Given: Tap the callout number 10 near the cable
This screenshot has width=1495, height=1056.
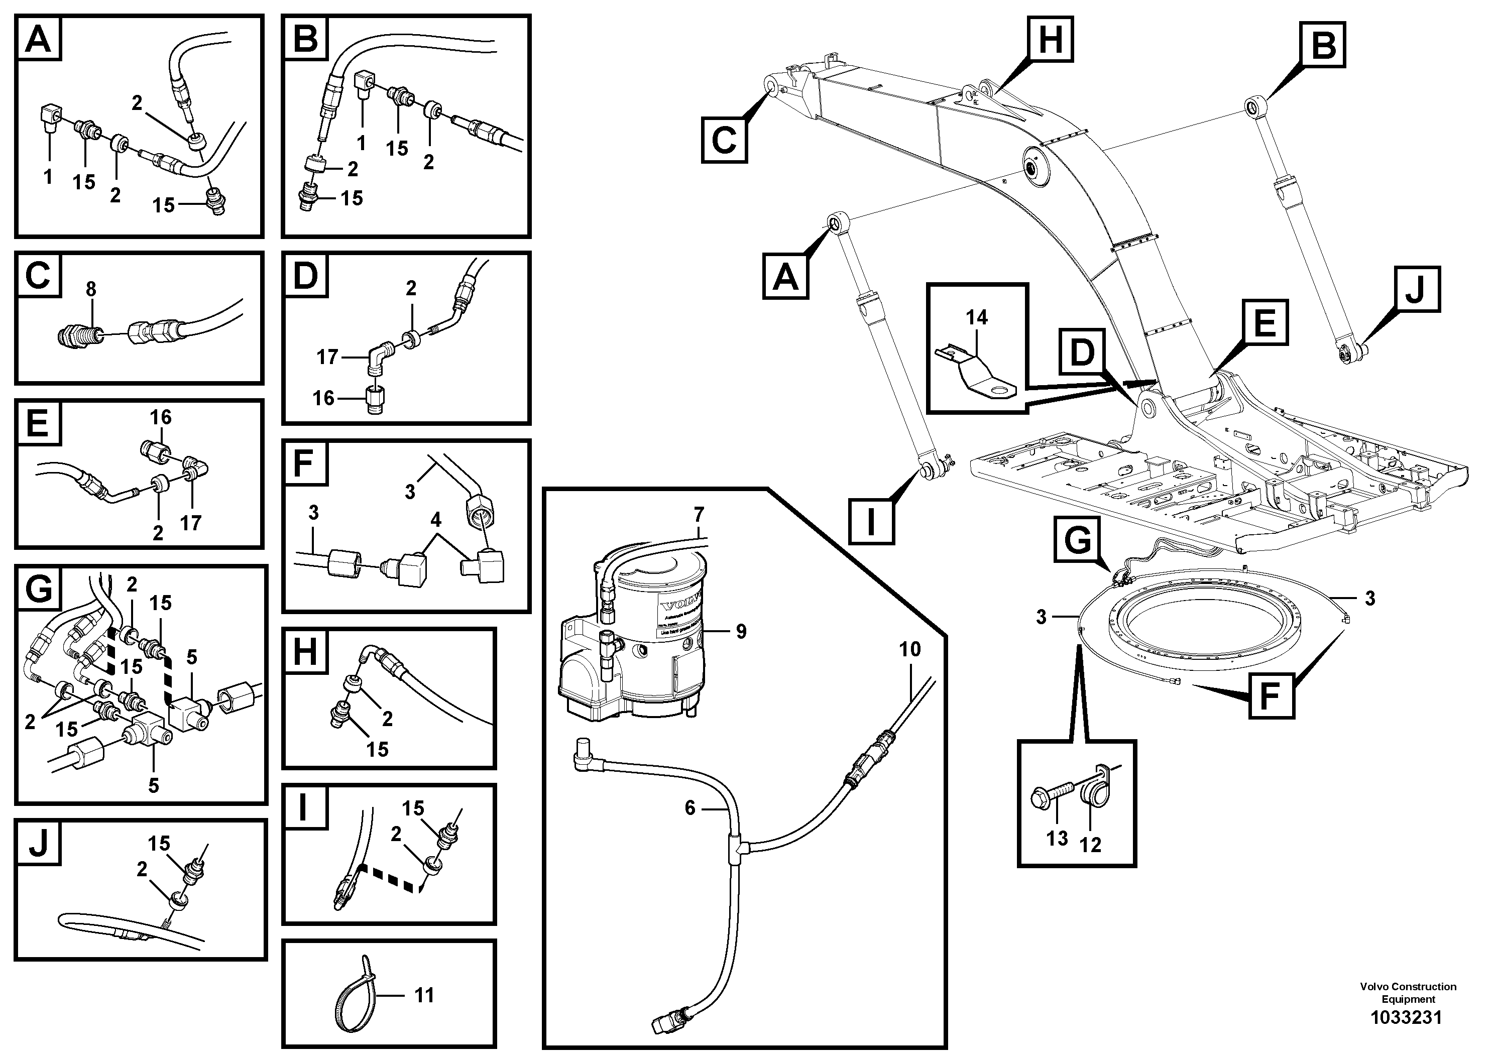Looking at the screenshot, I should (909, 649).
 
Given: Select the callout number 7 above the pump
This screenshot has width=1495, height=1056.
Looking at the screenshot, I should (699, 515).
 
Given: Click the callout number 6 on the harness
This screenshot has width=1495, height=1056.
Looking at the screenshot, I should (690, 808).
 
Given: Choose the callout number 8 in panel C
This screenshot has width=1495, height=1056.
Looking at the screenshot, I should (91, 289).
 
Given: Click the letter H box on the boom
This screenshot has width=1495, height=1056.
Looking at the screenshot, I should (1050, 39).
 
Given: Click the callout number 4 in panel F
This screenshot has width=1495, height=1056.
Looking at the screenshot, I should (435, 520).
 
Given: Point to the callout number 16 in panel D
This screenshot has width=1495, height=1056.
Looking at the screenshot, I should (323, 397).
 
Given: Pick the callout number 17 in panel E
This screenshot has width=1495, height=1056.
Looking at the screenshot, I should (191, 522).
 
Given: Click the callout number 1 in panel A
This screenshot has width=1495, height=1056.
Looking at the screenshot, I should (48, 176).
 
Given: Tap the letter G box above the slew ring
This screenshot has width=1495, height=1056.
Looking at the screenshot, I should (1078, 540).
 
